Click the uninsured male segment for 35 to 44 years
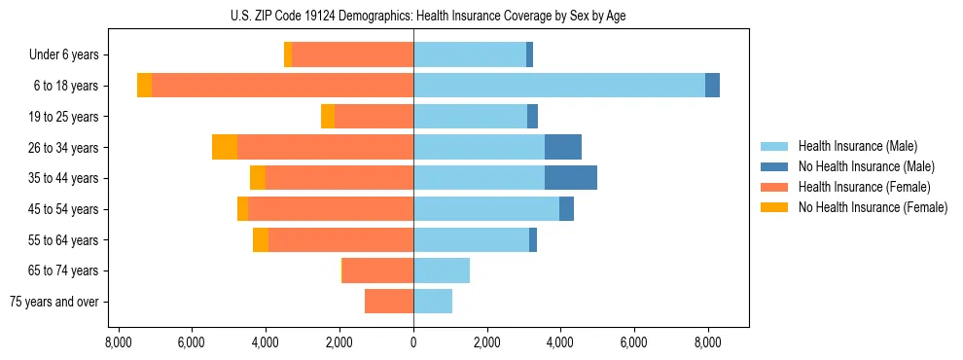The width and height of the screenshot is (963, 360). pyautogui.click(x=571, y=178)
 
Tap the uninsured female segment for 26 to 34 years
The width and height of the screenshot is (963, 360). pyautogui.click(x=225, y=147)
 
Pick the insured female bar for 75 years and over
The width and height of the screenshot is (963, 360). pyautogui.click(x=389, y=302)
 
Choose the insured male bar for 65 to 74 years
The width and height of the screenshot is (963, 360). pyautogui.click(x=442, y=270)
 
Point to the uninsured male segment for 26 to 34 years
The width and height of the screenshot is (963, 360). pyautogui.click(x=563, y=147)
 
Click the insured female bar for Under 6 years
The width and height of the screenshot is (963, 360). pyautogui.click(x=352, y=54)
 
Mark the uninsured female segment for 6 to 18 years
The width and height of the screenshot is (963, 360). pyautogui.click(x=144, y=86)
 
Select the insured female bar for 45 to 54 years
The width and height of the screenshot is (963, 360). pyautogui.click(x=331, y=209)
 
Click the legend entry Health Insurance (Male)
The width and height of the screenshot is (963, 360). pyautogui.click(x=857, y=146)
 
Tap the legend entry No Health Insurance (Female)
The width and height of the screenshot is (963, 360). pyautogui.click(x=873, y=207)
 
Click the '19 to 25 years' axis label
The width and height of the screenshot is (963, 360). pyautogui.click(x=63, y=117)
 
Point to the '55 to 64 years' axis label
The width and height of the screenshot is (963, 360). pyautogui.click(x=63, y=240)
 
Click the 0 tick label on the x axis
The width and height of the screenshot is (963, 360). pyautogui.click(x=413, y=342)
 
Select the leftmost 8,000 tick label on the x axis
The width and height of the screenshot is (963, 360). pyautogui.click(x=118, y=342)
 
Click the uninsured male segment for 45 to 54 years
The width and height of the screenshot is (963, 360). pyautogui.click(x=566, y=209)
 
